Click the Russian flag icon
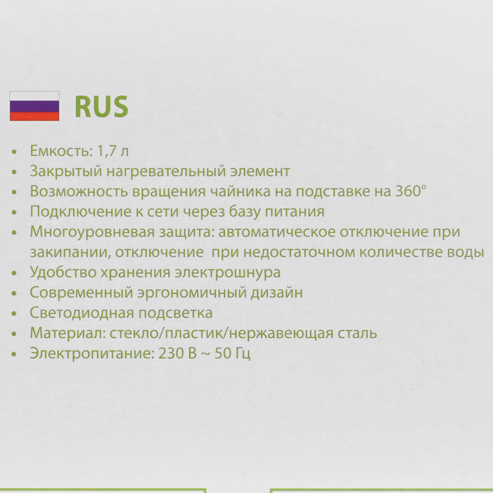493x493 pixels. [35, 106]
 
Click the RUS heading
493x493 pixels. [101, 107]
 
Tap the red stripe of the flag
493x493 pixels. [35, 116]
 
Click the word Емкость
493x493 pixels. [59, 151]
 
